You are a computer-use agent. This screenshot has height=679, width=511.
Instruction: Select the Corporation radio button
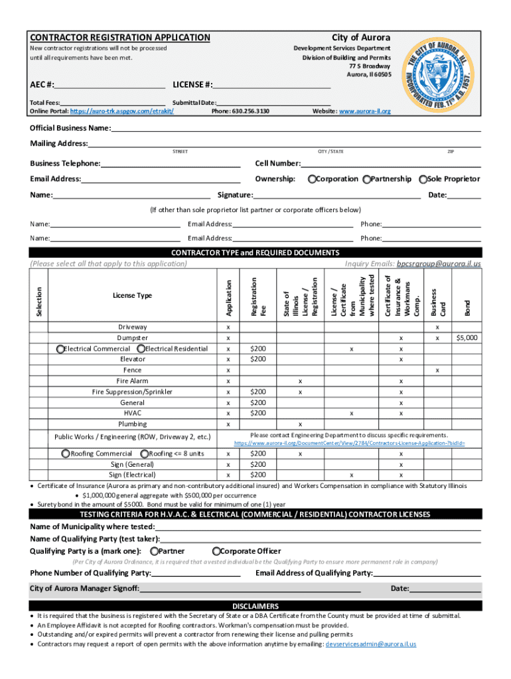[x=312, y=179]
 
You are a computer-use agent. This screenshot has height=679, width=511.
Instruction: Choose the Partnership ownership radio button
[x=367, y=179]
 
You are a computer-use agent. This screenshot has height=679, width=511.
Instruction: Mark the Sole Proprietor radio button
[x=422, y=179]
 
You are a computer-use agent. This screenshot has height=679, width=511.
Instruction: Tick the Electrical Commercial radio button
[x=60, y=349]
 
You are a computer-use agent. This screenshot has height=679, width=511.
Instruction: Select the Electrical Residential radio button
[x=141, y=349]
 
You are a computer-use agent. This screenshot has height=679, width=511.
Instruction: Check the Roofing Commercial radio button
[x=65, y=454]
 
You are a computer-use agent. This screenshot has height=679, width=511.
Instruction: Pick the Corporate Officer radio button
[x=216, y=551]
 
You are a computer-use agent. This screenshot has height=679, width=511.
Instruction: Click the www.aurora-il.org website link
[x=365, y=111]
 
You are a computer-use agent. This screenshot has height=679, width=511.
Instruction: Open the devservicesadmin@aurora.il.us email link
[x=370, y=644]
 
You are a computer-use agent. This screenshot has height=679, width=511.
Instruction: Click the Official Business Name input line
[x=295, y=128]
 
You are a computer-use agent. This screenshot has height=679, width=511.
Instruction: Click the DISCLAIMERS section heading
[x=256, y=606]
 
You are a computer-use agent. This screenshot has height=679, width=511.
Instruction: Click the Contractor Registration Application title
[x=120, y=38]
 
